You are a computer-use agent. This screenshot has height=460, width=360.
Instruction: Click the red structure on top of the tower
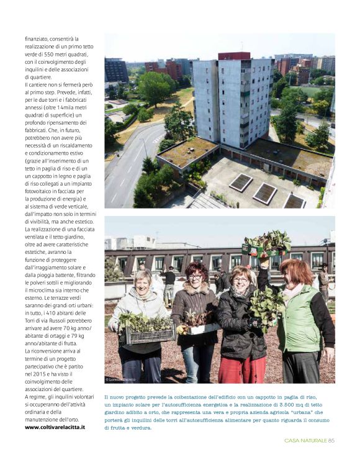(x=234, y=56)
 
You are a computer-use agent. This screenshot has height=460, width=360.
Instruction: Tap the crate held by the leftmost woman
(x=148, y=334)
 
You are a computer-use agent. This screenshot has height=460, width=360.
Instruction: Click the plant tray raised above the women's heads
(x=267, y=243)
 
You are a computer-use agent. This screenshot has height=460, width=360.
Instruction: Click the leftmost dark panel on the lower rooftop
(x=240, y=183)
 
